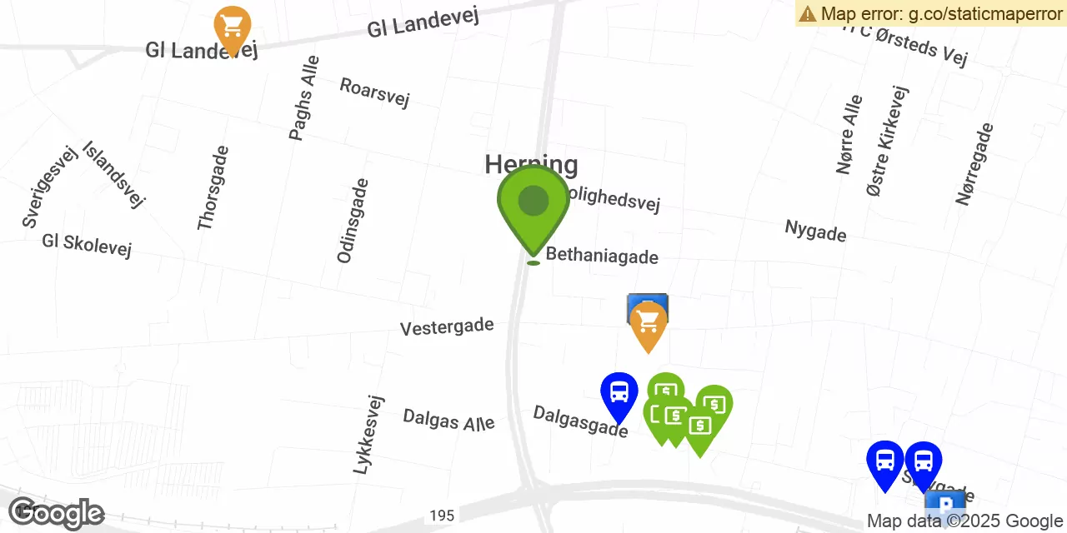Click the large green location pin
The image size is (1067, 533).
point(533,205)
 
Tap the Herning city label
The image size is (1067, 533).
point(531,164)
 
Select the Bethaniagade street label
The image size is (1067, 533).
point(602,257)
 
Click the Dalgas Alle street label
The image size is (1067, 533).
point(448,420)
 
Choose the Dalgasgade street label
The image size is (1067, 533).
point(580,421)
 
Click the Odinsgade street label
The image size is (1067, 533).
point(353,221)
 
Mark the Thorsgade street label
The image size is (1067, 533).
point(213,188)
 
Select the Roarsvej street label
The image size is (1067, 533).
point(374,92)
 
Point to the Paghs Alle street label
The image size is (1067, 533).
point(303,98)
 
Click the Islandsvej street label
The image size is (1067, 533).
point(114,173)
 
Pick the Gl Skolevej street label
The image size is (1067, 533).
point(87,245)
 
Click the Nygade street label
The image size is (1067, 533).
point(815,231)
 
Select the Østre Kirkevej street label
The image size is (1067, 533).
point(888,141)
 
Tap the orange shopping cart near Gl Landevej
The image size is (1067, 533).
point(233,27)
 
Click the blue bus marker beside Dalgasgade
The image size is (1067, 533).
point(619,394)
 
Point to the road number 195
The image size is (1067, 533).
point(443,516)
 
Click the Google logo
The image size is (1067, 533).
point(56,514)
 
